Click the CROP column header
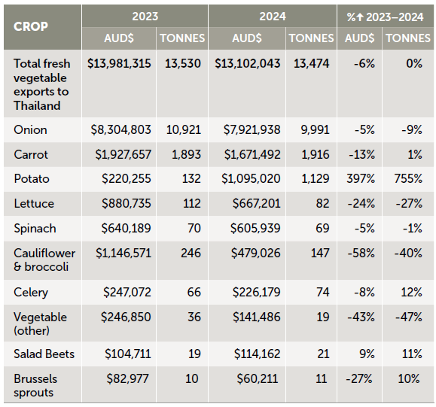coord(31,26)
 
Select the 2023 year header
coord(145,17)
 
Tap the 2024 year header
coord(273,17)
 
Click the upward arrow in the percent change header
coord(360,17)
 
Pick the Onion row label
coord(30,129)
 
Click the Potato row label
coord(32,178)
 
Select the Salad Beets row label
coord(44,354)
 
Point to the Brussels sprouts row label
coord(35,386)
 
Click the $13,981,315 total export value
coord(119,64)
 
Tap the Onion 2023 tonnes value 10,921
coord(183,129)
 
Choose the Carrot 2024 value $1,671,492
coord(252,154)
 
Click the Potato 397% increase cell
coord(361,178)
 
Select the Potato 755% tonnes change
coord(408,178)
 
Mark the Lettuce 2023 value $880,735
coord(127,203)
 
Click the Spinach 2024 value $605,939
coord(255,229)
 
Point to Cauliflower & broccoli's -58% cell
coord(361,253)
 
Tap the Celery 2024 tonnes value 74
coord(322,292)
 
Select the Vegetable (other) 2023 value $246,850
coord(126,317)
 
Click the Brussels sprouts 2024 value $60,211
coord(257,378)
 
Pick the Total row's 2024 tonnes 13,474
coord(312,64)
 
